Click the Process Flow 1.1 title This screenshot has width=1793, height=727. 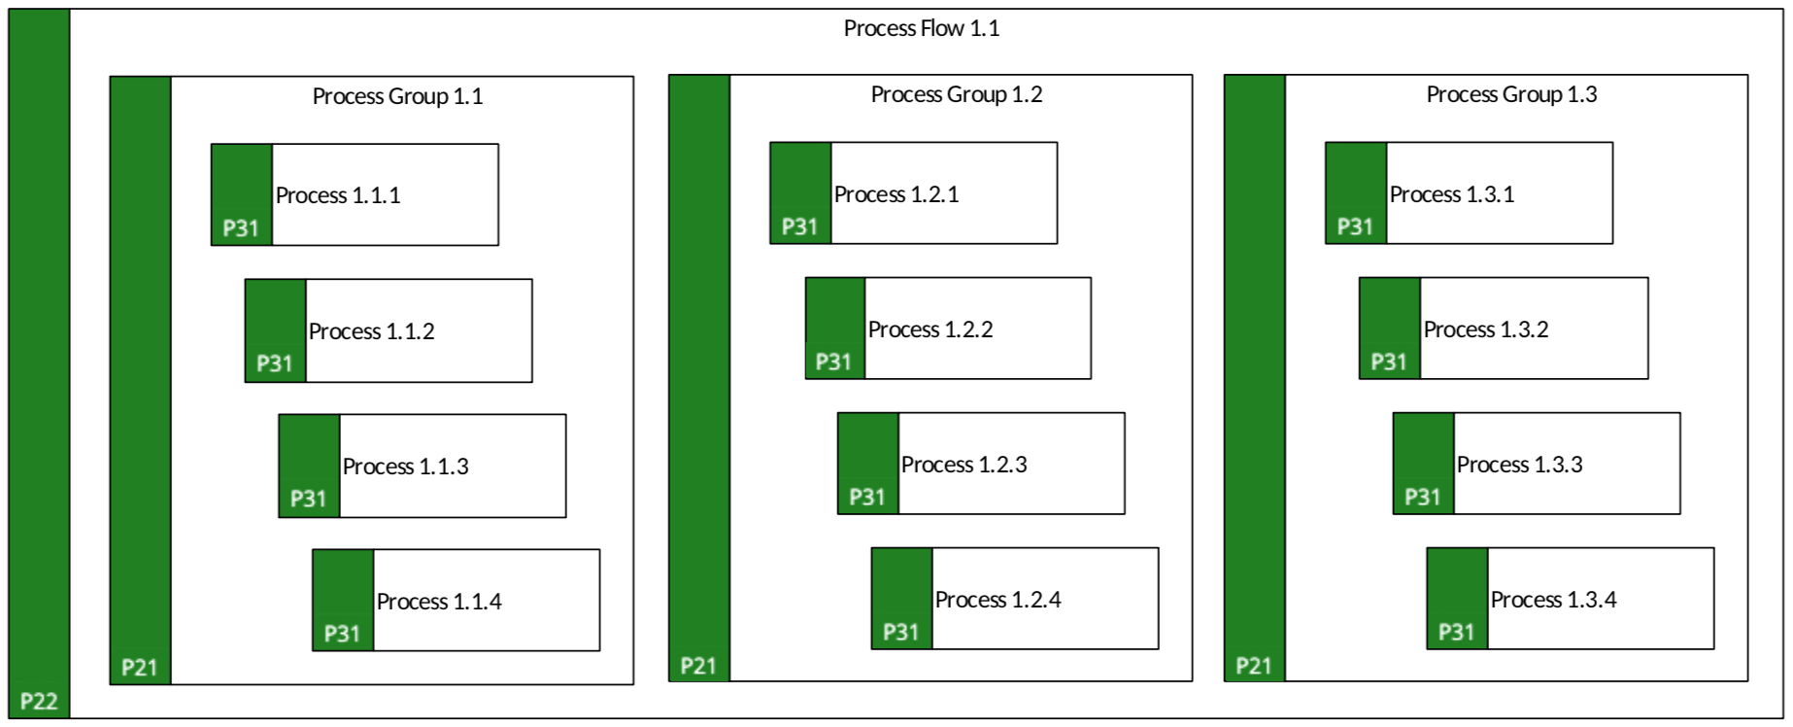(921, 28)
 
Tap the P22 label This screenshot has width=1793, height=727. (39, 701)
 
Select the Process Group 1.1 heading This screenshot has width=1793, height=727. (397, 96)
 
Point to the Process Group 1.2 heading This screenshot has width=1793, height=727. (956, 94)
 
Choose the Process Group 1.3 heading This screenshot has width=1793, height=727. (1511, 94)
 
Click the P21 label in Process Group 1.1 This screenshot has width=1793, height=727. (139, 667)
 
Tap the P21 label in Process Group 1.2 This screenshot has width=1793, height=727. (697, 665)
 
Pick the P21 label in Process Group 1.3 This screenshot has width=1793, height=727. (1253, 665)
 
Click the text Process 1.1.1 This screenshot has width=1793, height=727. (338, 195)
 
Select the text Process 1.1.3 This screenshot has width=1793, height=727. (405, 467)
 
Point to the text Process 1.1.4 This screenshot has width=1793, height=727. (439, 602)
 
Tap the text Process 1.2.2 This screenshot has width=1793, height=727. (930, 329)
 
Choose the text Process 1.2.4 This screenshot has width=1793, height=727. (998, 600)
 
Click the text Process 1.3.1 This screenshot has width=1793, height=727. (1452, 194)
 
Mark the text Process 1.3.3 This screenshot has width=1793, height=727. (1519, 465)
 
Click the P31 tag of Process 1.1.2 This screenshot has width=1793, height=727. (274, 363)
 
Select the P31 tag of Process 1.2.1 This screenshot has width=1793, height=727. (799, 226)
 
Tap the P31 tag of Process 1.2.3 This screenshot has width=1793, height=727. (866, 497)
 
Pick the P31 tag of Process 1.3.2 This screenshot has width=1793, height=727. (1388, 362)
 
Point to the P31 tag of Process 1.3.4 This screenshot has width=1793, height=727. (1456, 632)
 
